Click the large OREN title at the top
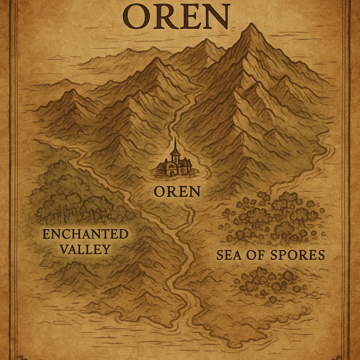(176, 17)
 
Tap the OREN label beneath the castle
(177, 192)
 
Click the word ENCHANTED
(85, 234)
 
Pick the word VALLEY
(85, 249)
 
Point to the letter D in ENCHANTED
(123, 234)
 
